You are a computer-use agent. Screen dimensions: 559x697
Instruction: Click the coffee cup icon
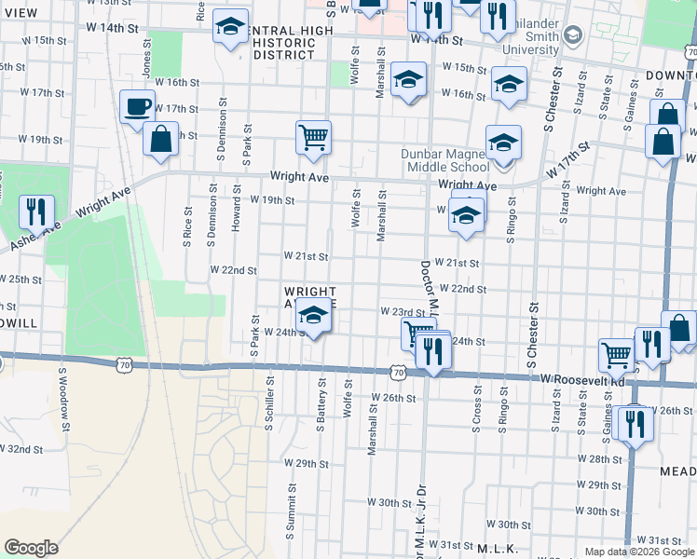pyautogui.click(x=137, y=106)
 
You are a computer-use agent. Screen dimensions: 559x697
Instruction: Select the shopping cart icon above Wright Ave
pyautogui.click(x=313, y=137)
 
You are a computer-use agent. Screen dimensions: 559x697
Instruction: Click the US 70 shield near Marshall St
pyautogui.click(x=398, y=373)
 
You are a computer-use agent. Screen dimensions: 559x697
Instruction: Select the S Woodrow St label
pyautogui.click(x=64, y=400)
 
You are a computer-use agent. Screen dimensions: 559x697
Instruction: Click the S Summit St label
pyautogui.click(x=291, y=513)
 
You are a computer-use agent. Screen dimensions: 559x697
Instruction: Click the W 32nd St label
pyautogui.click(x=21, y=448)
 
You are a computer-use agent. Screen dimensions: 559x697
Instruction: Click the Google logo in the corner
pyautogui.click(x=32, y=547)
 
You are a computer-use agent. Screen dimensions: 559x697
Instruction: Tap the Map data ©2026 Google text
pyautogui.click(x=639, y=552)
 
